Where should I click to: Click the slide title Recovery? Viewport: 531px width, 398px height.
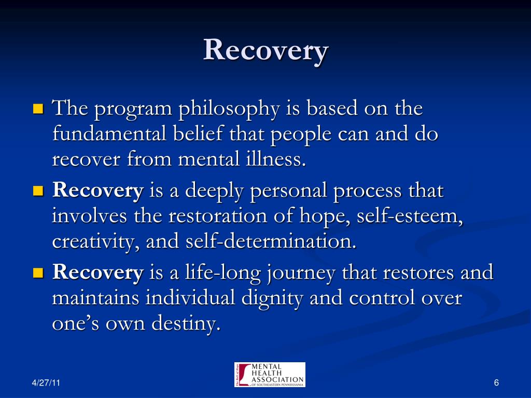tap(266, 50)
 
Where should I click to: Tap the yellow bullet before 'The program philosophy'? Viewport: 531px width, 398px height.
tap(38, 109)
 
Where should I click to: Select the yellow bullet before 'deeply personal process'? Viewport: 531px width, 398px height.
tap(38, 191)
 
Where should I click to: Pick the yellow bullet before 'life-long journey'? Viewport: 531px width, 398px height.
tap(38, 273)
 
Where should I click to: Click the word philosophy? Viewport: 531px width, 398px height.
tap(229, 109)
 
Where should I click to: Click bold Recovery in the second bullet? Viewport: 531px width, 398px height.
tap(98, 191)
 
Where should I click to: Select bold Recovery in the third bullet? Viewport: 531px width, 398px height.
tap(98, 273)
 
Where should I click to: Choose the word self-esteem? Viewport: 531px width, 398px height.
tap(410, 216)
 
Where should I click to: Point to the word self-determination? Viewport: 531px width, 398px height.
tap(271, 240)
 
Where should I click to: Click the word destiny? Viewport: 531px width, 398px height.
tap(186, 323)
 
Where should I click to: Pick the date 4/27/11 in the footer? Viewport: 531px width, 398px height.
tap(46, 383)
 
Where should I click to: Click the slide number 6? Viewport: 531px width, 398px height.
tap(496, 383)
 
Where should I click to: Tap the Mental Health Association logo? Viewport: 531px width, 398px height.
tap(270, 375)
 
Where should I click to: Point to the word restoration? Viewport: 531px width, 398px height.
tap(218, 216)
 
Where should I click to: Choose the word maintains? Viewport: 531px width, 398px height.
tap(95, 298)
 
